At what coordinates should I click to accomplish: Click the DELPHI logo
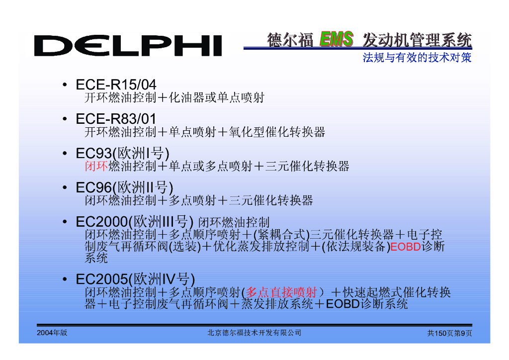[128, 46]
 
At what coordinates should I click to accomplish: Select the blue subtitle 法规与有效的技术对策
[417, 58]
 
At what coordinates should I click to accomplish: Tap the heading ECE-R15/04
[116, 85]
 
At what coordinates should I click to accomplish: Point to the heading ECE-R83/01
[116, 119]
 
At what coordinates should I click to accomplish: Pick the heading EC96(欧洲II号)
[124, 188]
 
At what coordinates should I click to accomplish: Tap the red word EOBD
[406, 247]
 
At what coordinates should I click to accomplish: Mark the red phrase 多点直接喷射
[281, 292]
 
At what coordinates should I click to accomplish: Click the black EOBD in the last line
[342, 304]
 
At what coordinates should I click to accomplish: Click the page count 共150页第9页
[449, 333]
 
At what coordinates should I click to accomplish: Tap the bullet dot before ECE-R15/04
[65, 86]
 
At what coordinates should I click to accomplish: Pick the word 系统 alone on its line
[96, 258]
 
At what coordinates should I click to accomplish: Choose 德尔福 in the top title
[290, 39]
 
